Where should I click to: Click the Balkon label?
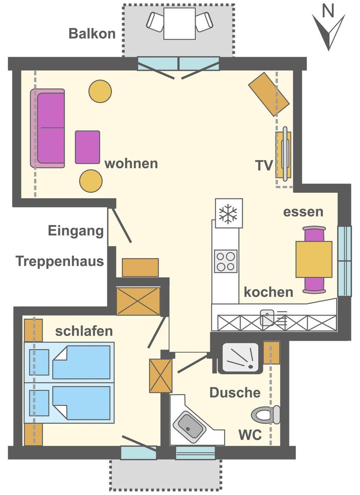92,33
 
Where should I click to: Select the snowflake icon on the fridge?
228,214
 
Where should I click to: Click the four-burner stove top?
226,261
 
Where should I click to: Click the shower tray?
240,358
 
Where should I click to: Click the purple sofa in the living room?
47,129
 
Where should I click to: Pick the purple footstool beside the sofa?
88,147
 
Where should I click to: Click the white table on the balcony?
179,24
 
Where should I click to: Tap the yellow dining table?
314,259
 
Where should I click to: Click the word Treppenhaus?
60,261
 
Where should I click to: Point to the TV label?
264,165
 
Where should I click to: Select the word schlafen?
84,331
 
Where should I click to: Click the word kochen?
269,292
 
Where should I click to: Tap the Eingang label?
76,231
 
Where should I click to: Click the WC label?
250,434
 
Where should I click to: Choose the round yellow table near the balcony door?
100,91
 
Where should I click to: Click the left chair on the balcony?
155,22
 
